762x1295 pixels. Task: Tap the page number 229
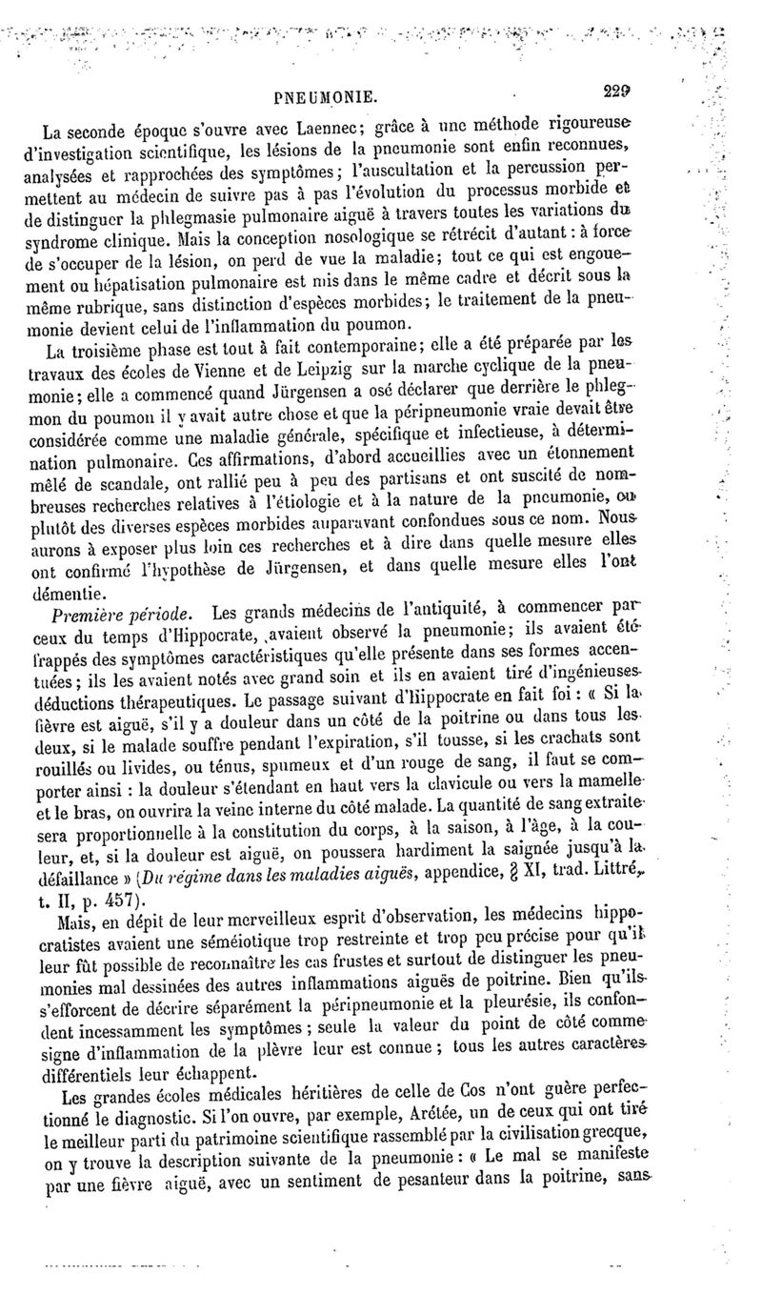618,92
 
